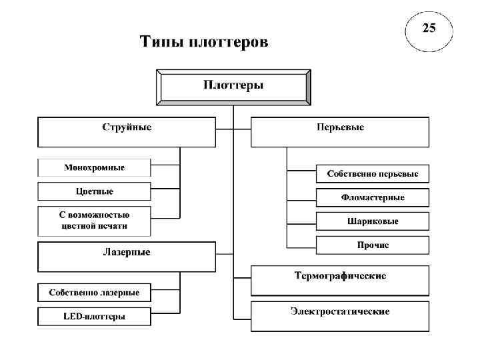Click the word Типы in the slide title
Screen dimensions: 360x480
point(159,43)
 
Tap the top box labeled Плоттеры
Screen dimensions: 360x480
point(233,86)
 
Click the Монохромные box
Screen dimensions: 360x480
point(94,167)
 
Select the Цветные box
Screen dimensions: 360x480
point(94,191)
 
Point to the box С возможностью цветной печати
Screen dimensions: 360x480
point(94,221)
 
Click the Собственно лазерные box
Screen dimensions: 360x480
point(94,293)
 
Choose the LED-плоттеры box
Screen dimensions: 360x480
point(94,317)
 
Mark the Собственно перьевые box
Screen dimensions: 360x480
point(372,174)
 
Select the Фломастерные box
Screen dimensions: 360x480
point(372,198)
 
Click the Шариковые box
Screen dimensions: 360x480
point(372,221)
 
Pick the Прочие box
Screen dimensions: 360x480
point(372,245)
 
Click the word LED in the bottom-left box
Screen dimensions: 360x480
point(71,317)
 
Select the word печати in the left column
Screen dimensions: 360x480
point(111,226)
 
